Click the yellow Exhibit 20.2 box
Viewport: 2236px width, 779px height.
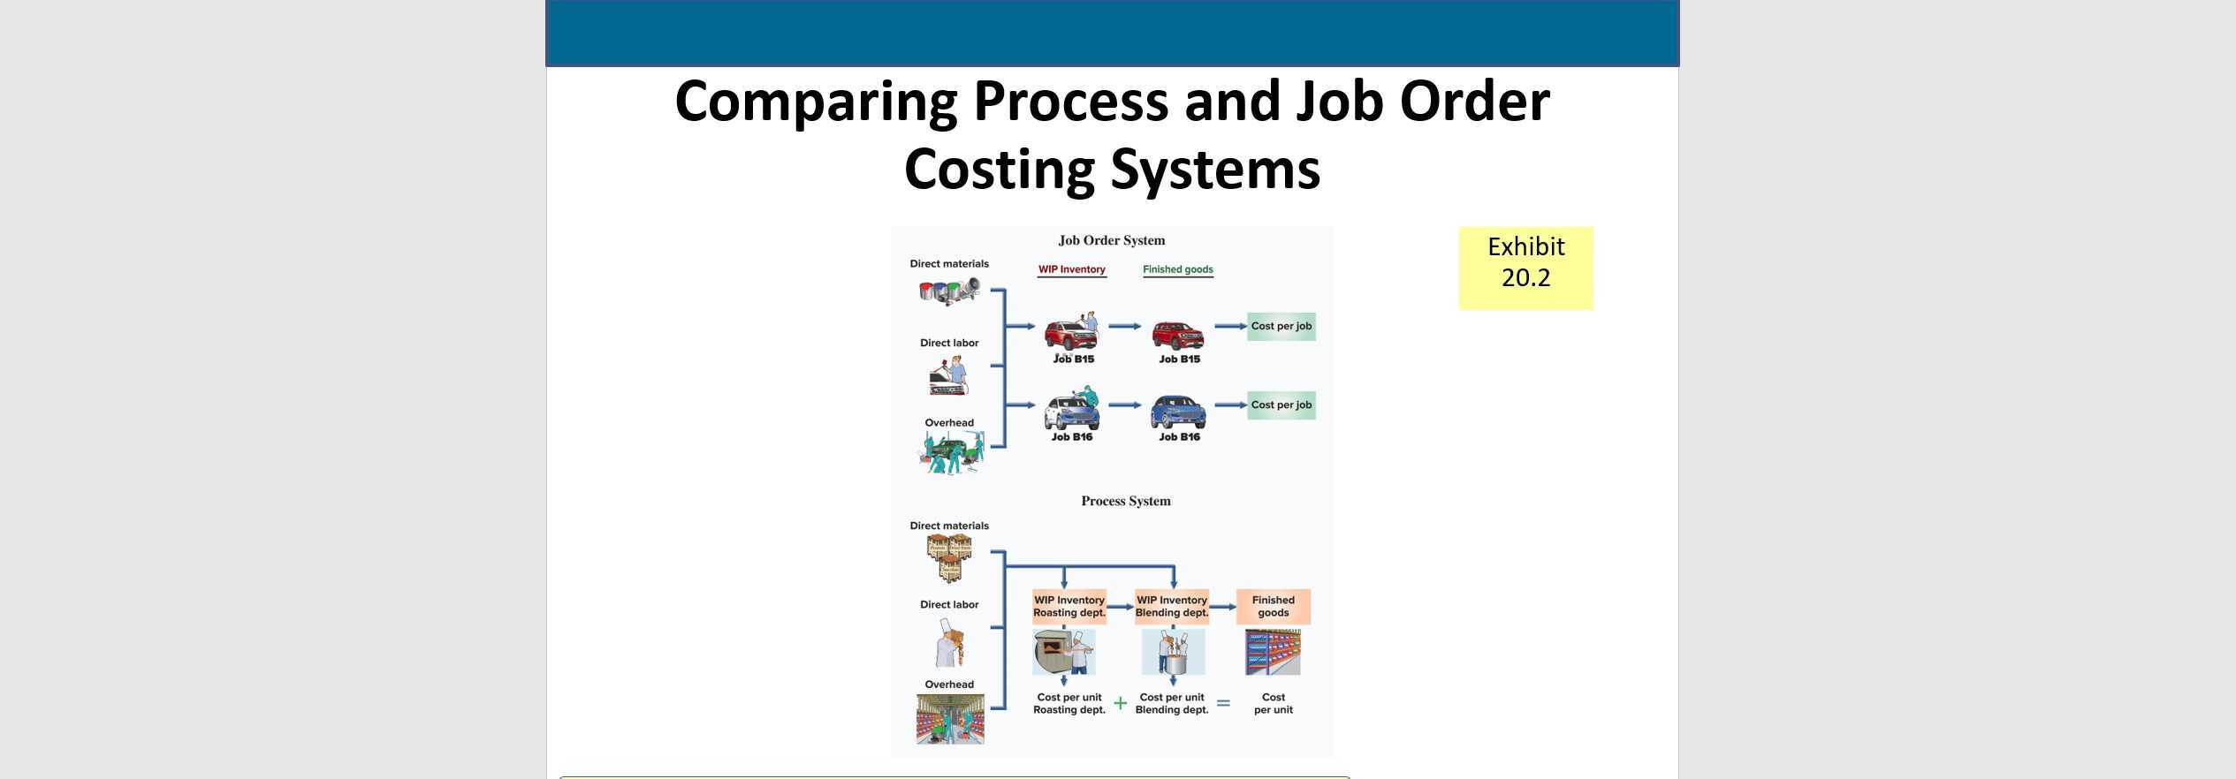pos(1525,268)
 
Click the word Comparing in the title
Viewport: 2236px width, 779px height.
pos(816,102)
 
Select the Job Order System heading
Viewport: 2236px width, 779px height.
pos(1111,240)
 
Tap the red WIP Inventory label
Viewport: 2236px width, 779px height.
pos(1071,269)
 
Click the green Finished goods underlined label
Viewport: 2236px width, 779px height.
pos(1177,269)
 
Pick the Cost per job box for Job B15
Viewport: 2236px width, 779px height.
pos(1281,326)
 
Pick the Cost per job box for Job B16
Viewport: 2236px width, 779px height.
pos(1281,405)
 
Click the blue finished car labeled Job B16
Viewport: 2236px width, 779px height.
pos(1177,412)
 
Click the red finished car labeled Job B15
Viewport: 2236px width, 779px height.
pos(1177,335)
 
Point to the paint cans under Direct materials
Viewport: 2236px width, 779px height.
pos(948,290)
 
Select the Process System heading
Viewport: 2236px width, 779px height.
pos(1125,501)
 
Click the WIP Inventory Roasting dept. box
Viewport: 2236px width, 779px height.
pos(1069,606)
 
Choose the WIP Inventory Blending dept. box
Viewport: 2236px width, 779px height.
pos(1171,606)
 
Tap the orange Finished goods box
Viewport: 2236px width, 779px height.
pos(1273,606)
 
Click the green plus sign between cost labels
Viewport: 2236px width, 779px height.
pos(1120,703)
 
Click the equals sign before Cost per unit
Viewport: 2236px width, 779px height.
pos(1223,703)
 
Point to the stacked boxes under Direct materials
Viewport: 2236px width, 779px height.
pos(949,557)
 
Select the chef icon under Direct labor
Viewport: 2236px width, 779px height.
pos(949,642)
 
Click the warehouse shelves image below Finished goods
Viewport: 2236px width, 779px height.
pos(1273,652)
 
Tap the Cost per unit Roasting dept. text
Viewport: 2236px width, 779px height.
pos(1069,703)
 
